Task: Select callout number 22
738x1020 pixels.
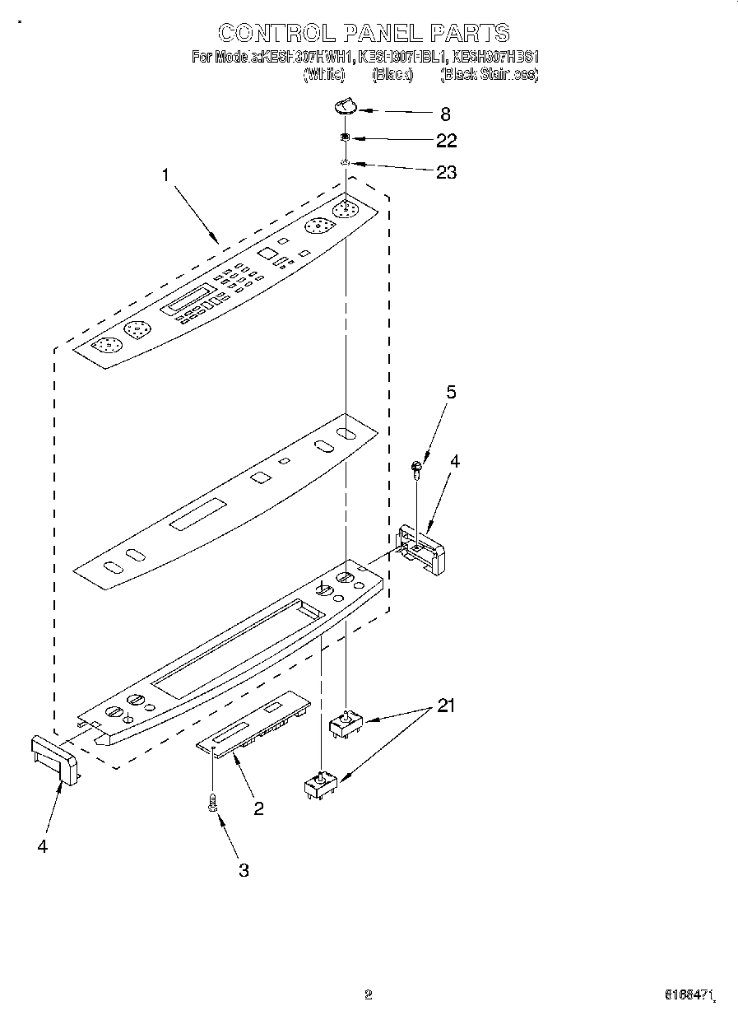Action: point(446,141)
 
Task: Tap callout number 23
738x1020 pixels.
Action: point(446,173)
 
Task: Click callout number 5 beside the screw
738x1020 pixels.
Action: point(450,393)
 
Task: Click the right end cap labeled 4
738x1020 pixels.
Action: point(421,547)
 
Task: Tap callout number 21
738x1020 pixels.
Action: point(445,706)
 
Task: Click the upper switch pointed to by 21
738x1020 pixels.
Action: point(346,725)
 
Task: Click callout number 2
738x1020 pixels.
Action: point(258,808)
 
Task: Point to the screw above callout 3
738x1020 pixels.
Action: point(213,802)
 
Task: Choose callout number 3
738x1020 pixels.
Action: point(244,870)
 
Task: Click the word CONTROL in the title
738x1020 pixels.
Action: point(276,33)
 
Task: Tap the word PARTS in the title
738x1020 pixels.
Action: point(469,33)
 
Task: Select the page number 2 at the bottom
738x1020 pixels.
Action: point(369,994)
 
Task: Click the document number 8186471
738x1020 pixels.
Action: point(689,995)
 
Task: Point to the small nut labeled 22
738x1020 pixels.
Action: point(346,137)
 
